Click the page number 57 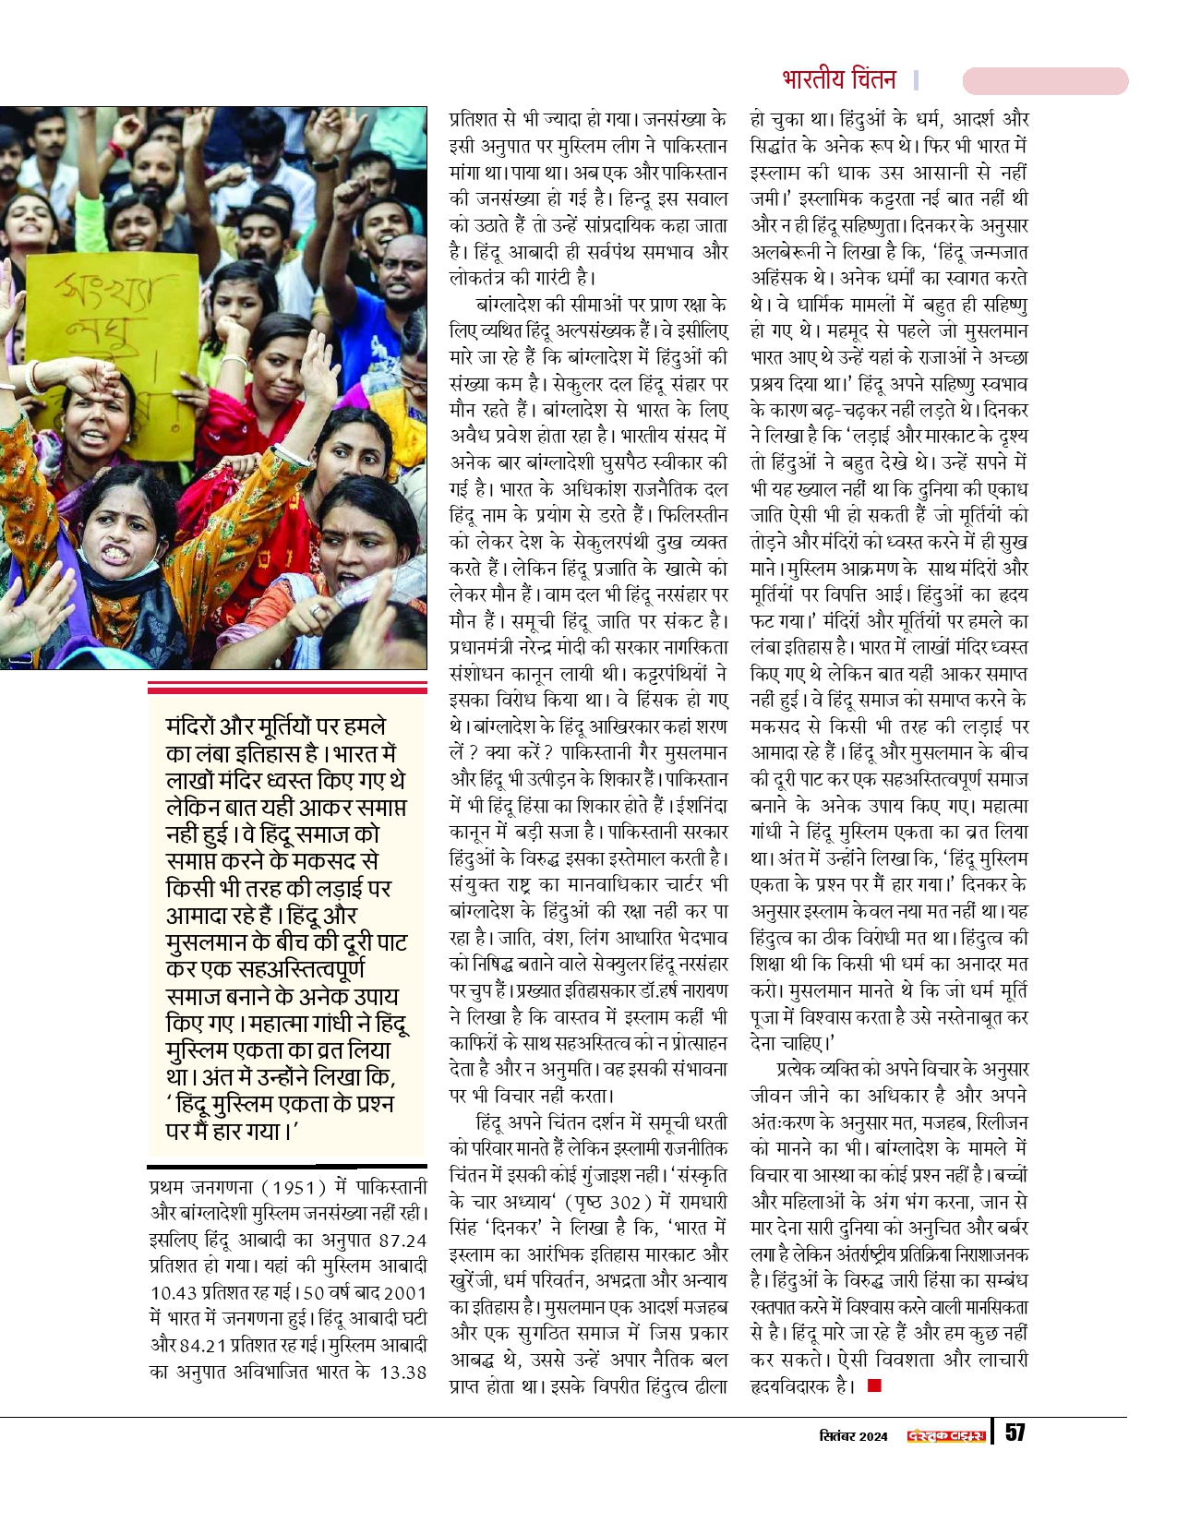(1015, 1433)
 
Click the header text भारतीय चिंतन (838, 80)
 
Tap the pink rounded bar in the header (1045, 81)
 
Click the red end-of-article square (874, 1385)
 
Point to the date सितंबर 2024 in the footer (853, 1436)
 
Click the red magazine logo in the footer (946, 1436)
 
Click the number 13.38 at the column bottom (402, 1373)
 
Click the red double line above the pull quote (287, 687)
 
